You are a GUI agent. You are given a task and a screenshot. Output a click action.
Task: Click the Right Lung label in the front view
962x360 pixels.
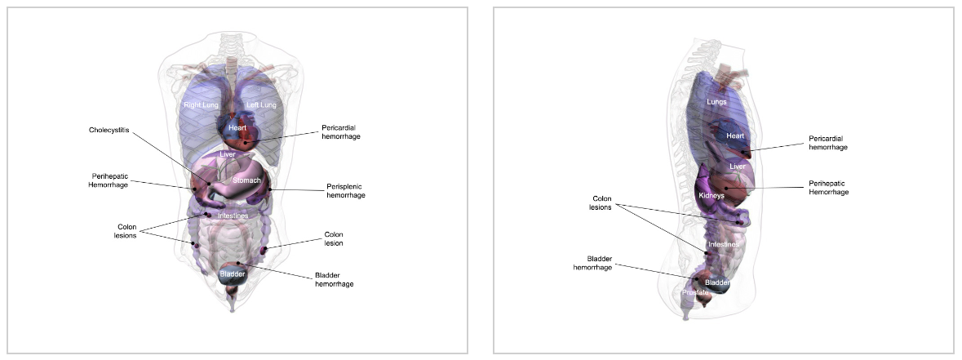pos(200,105)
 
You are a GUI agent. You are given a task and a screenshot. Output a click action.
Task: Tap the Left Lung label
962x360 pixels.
pos(262,105)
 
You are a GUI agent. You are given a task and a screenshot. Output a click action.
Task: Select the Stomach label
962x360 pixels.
pos(246,180)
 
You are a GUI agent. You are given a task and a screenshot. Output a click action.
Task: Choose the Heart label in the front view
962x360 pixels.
pos(237,128)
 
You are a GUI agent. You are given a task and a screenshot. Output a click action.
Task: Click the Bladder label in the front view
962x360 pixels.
pos(233,274)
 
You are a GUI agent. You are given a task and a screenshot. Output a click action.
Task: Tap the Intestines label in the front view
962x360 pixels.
pos(233,216)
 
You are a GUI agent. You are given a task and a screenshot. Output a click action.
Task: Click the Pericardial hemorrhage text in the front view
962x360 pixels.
pos(341,131)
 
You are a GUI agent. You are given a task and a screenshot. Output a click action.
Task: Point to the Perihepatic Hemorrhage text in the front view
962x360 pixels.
pos(109,180)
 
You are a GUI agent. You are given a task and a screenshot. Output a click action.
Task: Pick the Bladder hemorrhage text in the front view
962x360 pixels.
pos(334,279)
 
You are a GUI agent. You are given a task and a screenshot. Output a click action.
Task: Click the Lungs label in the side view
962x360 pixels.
pos(716,102)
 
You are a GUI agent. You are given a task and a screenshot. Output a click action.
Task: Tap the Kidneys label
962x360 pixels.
pos(712,196)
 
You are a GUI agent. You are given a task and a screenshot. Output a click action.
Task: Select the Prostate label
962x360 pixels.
pos(695,292)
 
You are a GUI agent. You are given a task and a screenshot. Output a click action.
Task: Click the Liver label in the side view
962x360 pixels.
pos(738,167)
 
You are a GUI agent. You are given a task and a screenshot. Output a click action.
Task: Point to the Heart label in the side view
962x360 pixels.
pos(735,136)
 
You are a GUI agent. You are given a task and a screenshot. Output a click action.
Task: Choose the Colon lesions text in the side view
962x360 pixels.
pos(601,202)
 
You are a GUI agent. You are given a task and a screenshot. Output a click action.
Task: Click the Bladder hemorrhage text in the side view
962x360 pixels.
pos(592,263)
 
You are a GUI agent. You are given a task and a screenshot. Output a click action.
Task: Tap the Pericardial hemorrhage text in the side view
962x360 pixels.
pos(828,143)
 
